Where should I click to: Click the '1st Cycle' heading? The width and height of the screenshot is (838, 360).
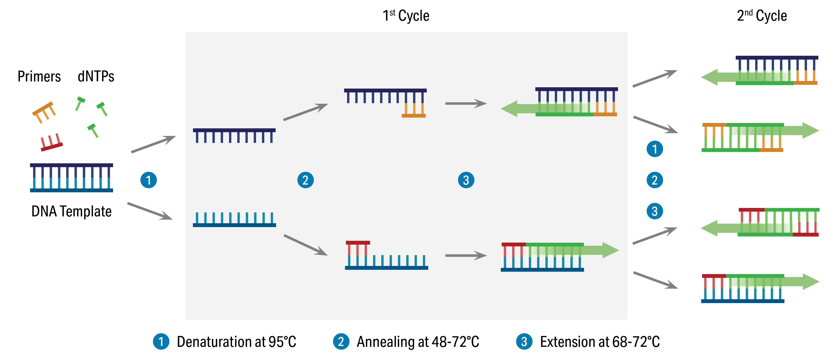(x=406, y=16)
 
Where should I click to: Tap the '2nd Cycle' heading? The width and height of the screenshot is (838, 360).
(x=762, y=16)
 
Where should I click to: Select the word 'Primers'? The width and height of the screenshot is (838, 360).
(x=39, y=76)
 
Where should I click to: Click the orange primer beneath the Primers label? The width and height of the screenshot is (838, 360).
(x=44, y=112)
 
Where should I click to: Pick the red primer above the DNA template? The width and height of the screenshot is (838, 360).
(x=51, y=143)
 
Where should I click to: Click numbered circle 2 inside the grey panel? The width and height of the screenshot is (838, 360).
(x=306, y=180)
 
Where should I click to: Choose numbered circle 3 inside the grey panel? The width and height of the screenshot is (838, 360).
(x=466, y=180)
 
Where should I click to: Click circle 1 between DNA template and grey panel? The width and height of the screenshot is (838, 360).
(x=148, y=180)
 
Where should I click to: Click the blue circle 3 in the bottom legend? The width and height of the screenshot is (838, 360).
(x=524, y=342)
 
